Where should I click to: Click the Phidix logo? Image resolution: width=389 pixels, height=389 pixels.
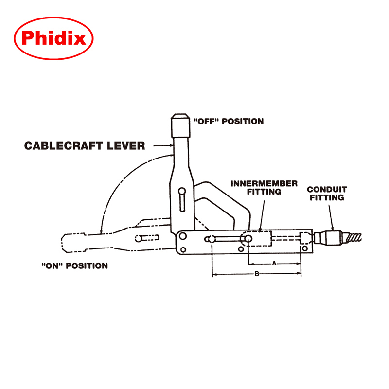pos(53,37)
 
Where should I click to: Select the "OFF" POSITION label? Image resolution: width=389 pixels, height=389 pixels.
pos(229,121)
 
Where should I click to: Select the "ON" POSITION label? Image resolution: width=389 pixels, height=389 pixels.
pos(74,266)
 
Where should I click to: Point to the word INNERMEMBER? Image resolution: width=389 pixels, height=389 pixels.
pos(264,183)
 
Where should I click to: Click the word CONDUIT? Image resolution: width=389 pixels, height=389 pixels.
pos(326,189)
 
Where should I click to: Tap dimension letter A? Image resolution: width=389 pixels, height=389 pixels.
pos(274,263)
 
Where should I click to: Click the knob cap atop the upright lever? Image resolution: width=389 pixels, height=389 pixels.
pos(180,125)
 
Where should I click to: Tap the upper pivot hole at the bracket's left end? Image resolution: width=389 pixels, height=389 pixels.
pos(182,236)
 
